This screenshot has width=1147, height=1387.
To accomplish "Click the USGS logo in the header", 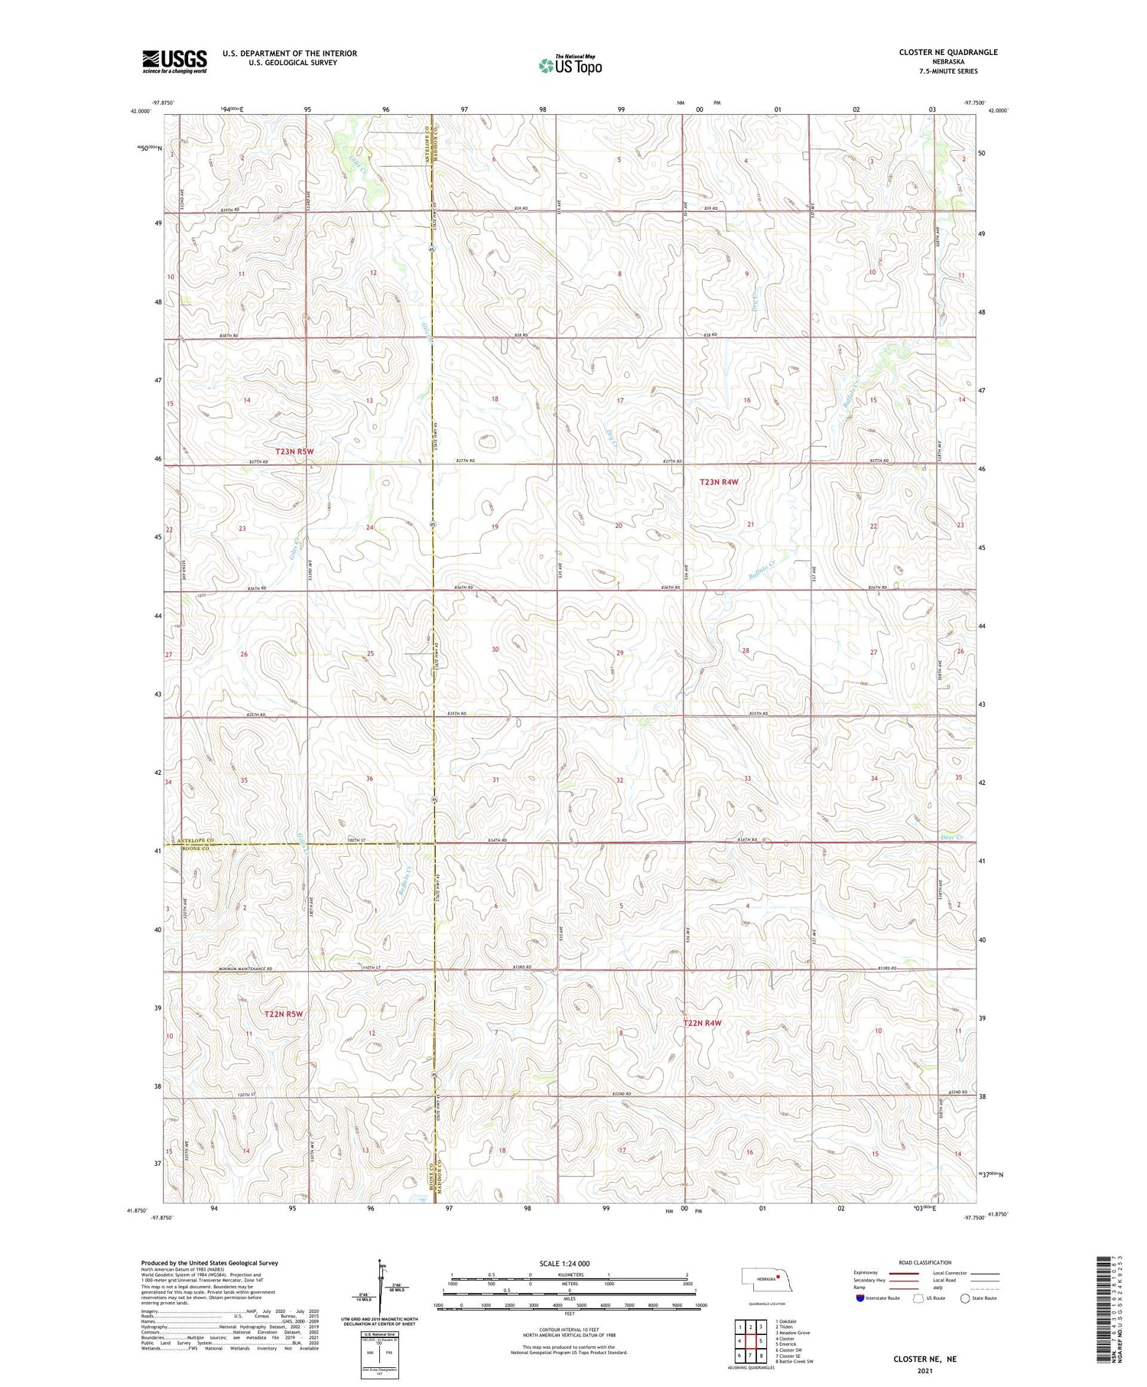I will [x=174, y=61].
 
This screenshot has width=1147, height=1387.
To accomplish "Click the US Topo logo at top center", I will [x=570, y=66].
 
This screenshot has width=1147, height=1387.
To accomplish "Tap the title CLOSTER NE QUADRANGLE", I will [x=948, y=52].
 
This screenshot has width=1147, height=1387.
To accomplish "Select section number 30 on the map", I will [x=495, y=650].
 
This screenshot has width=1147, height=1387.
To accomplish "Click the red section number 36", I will [x=369, y=779].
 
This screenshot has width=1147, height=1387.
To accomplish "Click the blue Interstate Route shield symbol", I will [x=860, y=1298].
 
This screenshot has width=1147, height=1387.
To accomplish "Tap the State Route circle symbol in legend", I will [x=966, y=1298].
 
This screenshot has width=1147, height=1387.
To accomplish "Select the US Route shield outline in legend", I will [x=918, y=1298].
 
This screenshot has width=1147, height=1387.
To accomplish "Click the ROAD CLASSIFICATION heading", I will [x=925, y=1262].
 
